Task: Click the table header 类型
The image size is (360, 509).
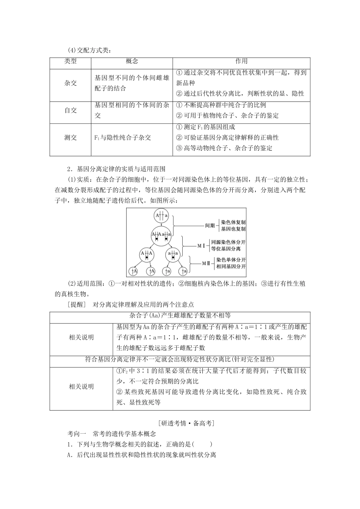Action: pos(70,61)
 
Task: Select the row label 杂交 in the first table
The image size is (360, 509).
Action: pos(70,83)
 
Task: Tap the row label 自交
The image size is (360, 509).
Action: pos(70,110)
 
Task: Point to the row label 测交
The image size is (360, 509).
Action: pos(70,137)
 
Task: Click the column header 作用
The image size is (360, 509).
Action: pos(241,61)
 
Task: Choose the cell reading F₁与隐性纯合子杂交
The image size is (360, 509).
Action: pos(123,137)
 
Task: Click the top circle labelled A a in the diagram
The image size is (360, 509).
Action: pos(161,215)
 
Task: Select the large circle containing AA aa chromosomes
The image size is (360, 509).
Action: pos(161,236)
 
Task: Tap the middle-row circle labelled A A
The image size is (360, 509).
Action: pos(146,254)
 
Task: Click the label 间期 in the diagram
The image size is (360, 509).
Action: pos(210,226)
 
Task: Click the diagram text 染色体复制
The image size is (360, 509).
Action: pos(233,223)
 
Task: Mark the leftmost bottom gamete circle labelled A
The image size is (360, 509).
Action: pos(134,271)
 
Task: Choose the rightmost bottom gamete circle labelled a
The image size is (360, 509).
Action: pos(183,271)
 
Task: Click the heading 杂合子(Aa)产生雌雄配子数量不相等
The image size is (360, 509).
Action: pos(180,315)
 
